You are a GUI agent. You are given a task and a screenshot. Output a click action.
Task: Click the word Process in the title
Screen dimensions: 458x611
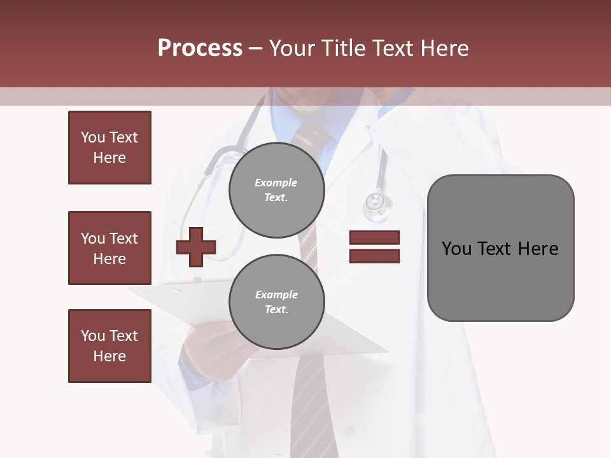coord(200,48)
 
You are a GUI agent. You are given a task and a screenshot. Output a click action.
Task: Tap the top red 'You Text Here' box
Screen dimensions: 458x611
coord(109,148)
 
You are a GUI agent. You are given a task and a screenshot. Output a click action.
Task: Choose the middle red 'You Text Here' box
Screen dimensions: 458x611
coord(109,248)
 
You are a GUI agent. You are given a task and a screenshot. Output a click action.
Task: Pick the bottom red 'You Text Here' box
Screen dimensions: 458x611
coord(109,346)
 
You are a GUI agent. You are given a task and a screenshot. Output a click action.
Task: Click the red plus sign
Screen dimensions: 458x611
coord(196,246)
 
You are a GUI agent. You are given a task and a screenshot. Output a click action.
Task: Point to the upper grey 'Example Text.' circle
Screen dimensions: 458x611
coord(276,190)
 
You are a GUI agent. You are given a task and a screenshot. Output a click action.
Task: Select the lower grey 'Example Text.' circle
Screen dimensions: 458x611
coord(276,302)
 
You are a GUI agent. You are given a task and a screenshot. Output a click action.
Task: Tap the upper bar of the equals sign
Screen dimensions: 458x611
coord(374,237)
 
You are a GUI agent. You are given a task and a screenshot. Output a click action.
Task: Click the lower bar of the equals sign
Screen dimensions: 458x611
coord(374,256)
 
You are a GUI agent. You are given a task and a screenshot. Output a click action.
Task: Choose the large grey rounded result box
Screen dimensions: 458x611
coord(500,248)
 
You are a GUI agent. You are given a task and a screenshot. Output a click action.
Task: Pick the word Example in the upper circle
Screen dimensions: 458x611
coord(276,183)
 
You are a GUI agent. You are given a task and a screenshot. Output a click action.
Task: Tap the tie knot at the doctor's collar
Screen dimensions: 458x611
coord(312,135)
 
